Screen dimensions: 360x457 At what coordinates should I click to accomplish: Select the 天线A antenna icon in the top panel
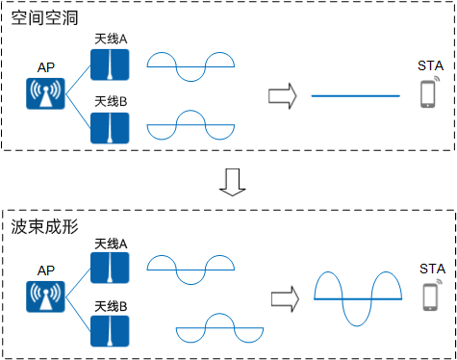pos(110,65)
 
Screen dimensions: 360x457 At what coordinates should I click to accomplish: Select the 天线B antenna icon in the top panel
pos(110,127)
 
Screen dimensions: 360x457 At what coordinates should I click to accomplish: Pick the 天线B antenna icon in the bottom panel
pos(110,329)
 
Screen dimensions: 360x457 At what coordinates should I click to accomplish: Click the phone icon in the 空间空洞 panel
pos(428,93)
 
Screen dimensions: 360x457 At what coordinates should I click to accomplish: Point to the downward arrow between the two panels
pos(229,180)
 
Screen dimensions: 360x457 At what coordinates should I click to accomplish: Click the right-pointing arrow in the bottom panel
pos(281,299)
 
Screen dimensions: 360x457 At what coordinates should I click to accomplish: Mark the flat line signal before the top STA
pos(355,95)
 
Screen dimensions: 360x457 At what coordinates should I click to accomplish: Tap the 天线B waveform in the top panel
pos(190,126)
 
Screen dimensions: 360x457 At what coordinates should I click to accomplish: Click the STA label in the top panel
pos(430,65)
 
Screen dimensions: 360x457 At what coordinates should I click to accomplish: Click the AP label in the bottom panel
pos(45,270)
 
